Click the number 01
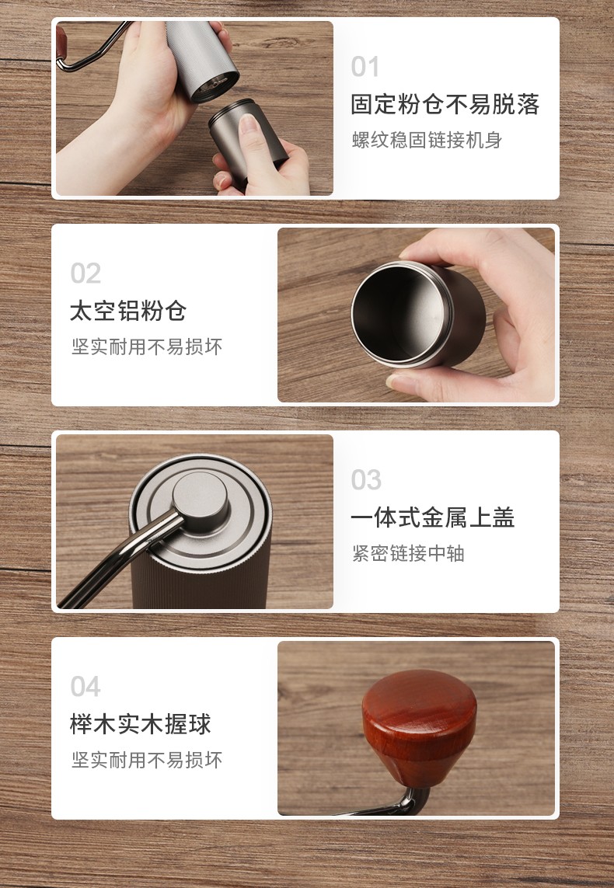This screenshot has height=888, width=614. pyautogui.click(x=365, y=67)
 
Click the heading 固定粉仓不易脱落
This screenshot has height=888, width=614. pyautogui.click(x=445, y=105)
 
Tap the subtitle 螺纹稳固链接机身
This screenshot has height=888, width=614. pyautogui.click(x=427, y=140)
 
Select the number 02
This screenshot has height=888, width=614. pyautogui.click(x=85, y=273)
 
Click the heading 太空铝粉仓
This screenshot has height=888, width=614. pyautogui.click(x=128, y=311)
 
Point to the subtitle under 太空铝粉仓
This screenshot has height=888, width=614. pyautogui.click(x=147, y=346)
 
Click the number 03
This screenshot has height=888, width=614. pyautogui.click(x=366, y=480)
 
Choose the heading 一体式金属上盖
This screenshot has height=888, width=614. pyautogui.click(x=433, y=517)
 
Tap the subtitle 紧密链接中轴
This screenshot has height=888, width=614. pyautogui.click(x=408, y=553)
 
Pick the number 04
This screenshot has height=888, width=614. pyautogui.click(x=85, y=687)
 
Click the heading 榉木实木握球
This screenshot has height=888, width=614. pyautogui.click(x=141, y=724)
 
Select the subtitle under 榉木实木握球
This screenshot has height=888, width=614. pyautogui.click(x=147, y=760)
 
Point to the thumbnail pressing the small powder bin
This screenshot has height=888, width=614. pyautogui.click(x=247, y=126)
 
